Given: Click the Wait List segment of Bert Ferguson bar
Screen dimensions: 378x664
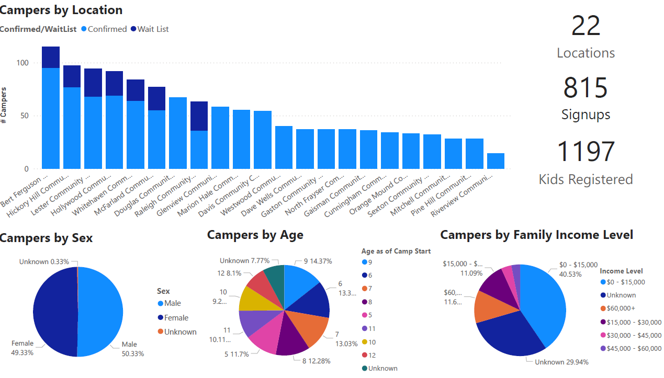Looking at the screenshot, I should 51,57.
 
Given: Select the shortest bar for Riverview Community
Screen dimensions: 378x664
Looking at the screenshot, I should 496,161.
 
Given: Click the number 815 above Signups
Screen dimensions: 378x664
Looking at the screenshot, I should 586,88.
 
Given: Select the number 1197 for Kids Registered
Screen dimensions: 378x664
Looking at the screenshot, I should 586,151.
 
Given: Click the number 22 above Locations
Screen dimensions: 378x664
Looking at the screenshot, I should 586,26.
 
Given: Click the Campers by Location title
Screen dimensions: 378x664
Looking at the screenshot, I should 61,10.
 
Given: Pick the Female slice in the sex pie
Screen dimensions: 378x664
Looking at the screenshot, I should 55,312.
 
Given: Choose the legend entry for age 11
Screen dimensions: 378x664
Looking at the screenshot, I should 370,329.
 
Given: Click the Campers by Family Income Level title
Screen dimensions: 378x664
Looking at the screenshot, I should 536,235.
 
